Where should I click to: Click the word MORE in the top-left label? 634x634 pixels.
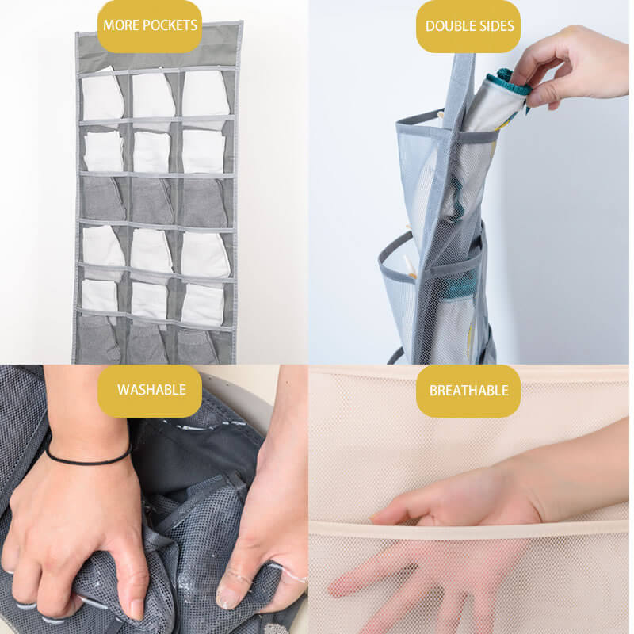coord(120,25)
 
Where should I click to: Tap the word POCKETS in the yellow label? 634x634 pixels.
coord(170,25)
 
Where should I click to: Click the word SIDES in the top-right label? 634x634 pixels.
coord(491,26)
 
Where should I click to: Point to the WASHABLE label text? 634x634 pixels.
coord(151,390)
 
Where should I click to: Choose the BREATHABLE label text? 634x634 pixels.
coord(468,391)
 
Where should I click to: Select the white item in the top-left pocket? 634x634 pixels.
coord(102,95)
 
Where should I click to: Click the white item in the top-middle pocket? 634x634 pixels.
coord(153,95)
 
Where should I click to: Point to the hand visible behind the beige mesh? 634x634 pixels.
coord(408,579)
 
